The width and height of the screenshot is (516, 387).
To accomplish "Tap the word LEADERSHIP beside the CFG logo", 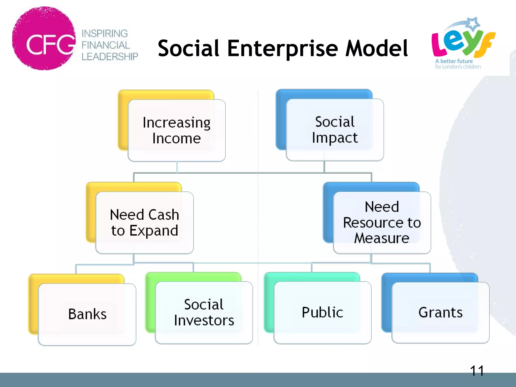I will coord(110,57).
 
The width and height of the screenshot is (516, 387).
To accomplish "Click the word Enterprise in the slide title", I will coord(283,48).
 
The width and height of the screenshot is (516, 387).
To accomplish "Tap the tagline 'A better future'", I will coord(454,61).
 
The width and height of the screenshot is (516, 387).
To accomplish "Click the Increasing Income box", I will coord(176,130).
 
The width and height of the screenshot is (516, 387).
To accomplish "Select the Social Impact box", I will coord(335,130).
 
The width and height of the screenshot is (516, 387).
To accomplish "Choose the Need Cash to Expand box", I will coord(144,222).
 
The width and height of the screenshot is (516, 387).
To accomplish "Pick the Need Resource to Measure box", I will coord(382,222).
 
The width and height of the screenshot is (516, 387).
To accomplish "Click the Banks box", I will coord(87,314).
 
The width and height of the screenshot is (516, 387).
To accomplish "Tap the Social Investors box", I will coord(204,312).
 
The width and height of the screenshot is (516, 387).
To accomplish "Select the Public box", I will coord(322,312).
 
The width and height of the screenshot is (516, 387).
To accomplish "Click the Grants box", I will coord(440,312).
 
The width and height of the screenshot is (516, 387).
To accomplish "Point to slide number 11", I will coord(477,371).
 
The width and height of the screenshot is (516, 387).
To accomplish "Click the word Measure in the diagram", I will coord(382,238).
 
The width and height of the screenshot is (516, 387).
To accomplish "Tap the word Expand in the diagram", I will coord(154,231).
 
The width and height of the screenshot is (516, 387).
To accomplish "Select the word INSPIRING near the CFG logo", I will coord(105,34).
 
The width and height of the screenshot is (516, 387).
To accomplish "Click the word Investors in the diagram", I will coord(204,320).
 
